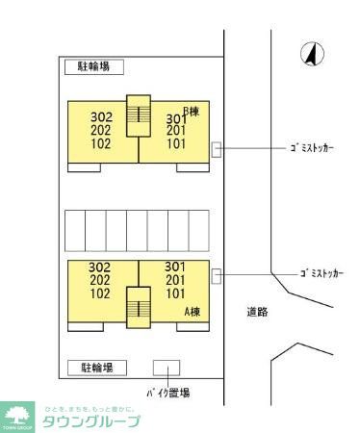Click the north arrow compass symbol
(311, 56)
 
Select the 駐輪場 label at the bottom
(97, 368)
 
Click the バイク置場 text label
(167, 393)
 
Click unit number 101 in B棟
(176, 144)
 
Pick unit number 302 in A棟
(100, 267)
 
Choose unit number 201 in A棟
(175, 280)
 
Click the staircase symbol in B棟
(140, 115)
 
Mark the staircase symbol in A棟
(140, 307)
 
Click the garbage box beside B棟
(217, 149)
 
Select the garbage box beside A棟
(217, 275)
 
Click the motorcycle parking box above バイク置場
(167, 369)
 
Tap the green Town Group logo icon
(17, 416)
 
